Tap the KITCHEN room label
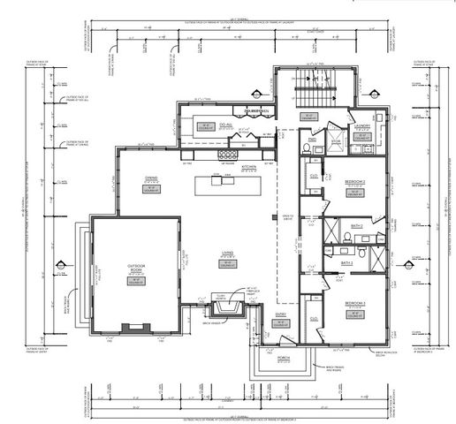(x=249, y=166)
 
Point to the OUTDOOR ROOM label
(x=136, y=268)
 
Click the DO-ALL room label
(x=201, y=125)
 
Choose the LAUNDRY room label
(x=361, y=125)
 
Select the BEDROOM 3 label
(x=356, y=303)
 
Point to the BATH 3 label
(x=347, y=262)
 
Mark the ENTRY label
(x=281, y=313)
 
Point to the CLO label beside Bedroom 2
(x=313, y=175)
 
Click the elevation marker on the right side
(x=407, y=262)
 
